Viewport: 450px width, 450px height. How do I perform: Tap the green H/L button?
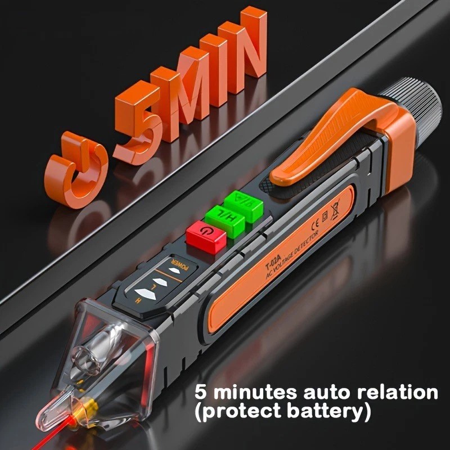click(224, 218)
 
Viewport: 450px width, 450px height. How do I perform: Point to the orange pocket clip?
click(332, 141)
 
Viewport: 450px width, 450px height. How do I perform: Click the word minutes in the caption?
click(247, 391)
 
